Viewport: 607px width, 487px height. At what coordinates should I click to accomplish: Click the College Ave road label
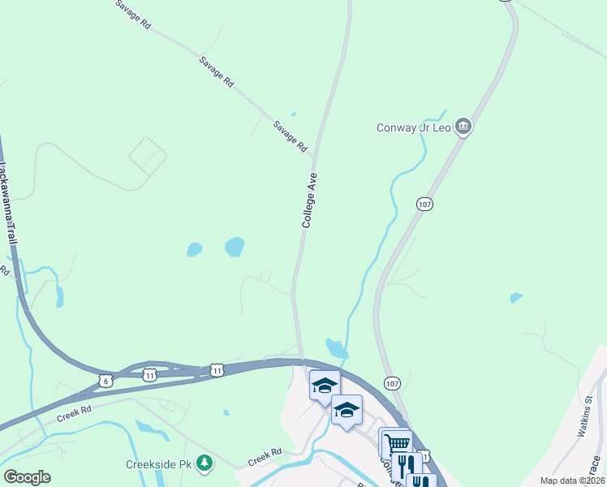(309, 200)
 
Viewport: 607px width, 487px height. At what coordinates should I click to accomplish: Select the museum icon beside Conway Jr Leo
(463, 126)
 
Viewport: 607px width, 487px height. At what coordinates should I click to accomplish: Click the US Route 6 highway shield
(105, 380)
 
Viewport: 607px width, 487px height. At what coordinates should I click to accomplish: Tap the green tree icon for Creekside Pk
(206, 463)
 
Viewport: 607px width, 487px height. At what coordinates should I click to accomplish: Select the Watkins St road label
(586, 416)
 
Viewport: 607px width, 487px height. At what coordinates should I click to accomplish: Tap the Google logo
(27, 477)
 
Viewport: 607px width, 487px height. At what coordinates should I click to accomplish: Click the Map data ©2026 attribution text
(571, 481)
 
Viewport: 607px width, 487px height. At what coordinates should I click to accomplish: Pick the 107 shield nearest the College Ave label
(424, 204)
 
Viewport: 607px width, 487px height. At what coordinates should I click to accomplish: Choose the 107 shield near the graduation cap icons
(392, 383)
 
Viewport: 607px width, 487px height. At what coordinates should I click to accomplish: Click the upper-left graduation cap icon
(325, 386)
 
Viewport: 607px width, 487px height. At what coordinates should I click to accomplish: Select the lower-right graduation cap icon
(347, 410)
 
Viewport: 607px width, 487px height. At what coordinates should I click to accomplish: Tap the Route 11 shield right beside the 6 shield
(149, 375)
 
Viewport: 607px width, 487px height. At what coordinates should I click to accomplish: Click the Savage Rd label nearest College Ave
(291, 136)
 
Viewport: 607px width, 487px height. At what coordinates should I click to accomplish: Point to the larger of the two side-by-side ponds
(234, 246)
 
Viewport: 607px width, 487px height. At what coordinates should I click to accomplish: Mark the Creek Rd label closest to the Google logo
(75, 416)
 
